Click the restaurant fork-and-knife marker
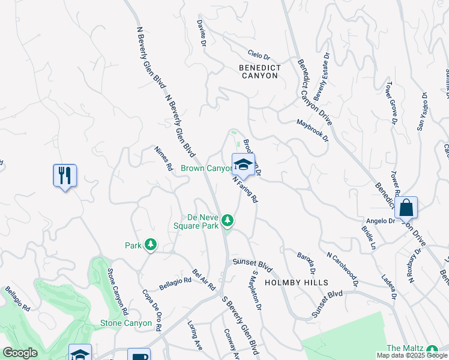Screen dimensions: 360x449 64,176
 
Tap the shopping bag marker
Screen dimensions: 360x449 406,208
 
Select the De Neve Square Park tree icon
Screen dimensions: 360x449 228,221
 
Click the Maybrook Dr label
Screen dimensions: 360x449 313,130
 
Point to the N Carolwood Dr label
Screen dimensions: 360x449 342,268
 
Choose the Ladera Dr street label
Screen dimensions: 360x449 389,287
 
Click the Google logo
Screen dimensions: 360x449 20,353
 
